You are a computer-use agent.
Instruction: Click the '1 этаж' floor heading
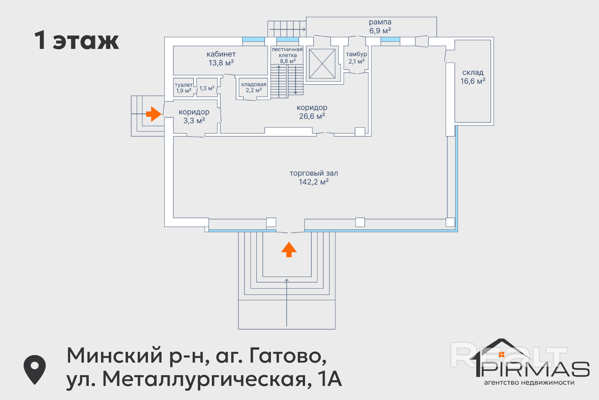tap(77, 40)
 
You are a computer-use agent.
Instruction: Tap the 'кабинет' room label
tap(221, 54)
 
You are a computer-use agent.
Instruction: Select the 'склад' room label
tap(473, 73)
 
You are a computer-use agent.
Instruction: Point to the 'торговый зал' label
tap(314, 173)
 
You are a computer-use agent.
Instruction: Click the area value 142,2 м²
tap(314, 182)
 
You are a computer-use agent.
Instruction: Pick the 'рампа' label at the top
tap(380, 22)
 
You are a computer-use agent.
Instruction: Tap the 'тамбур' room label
tap(356, 54)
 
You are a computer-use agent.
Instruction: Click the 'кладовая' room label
tap(254, 84)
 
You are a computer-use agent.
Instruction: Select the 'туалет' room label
tap(183, 85)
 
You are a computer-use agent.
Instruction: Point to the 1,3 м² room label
tap(207, 88)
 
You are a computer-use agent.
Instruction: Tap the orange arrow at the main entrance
tap(289, 249)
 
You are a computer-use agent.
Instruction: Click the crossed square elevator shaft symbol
tap(322, 64)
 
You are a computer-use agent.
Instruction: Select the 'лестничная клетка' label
tap(287, 52)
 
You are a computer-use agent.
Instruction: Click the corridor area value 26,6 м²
tap(312, 116)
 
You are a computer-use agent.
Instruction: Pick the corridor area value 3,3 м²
tap(194, 121)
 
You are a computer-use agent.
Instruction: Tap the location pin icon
tap(34, 369)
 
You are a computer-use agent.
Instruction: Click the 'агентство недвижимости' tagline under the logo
tap(529, 383)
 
